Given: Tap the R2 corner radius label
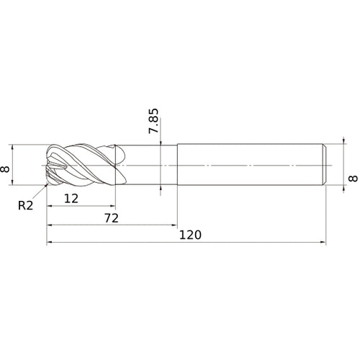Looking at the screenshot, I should click(x=26, y=205).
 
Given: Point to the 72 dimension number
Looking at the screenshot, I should click(x=111, y=216).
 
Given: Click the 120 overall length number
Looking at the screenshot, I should click(x=191, y=235).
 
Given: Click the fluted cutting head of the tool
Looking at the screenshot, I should click(x=83, y=166).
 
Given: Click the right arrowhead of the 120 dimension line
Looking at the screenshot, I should click(x=323, y=243).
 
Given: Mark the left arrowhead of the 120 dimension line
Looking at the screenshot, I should click(x=50, y=243).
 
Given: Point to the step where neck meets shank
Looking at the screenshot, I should click(x=177, y=166).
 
